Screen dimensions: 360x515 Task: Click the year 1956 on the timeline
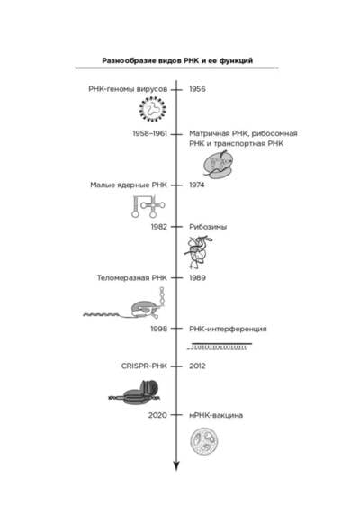click(x=197, y=89)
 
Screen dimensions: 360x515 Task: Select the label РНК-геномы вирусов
click(x=128, y=89)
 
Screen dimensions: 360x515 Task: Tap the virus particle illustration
click(x=152, y=109)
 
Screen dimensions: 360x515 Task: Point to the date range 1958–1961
click(x=149, y=133)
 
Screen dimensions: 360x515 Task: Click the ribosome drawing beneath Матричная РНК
click(x=218, y=164)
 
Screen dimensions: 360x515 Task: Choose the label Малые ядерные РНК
click(x=129, y=185)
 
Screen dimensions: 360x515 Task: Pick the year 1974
click(x=196, y=185)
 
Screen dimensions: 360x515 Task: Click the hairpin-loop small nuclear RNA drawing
click(x=148, y=206)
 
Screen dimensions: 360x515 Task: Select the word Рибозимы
click(x=208, y=227)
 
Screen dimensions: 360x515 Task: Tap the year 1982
click(x=158, y=227)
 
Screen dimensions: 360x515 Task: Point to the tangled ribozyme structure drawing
click(x=198, y=252)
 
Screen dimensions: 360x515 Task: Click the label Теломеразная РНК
click(x=132, y=278)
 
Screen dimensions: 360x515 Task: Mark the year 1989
click(x=197, y=278)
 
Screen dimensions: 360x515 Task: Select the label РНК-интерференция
click(x=228, y=329)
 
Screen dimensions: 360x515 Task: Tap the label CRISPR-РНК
click(x=144, y=366)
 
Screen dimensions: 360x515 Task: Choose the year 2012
click(x=197, y=366)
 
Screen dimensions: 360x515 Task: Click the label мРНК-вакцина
click(x=216, y=415)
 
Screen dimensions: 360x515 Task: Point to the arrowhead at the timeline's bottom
click(x=176, y=466)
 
